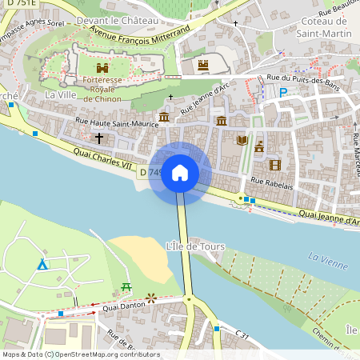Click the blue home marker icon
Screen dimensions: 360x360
(x=180, y=172)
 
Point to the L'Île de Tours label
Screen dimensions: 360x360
(x=195, y=246)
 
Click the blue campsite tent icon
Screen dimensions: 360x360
(x=42, y=264)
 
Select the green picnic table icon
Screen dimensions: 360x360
(x=126, y=286)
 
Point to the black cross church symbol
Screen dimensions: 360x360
(x=99, y=138)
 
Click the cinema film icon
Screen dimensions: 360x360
(x=275, y=165)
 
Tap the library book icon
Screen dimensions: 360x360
(x=242, y=140)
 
